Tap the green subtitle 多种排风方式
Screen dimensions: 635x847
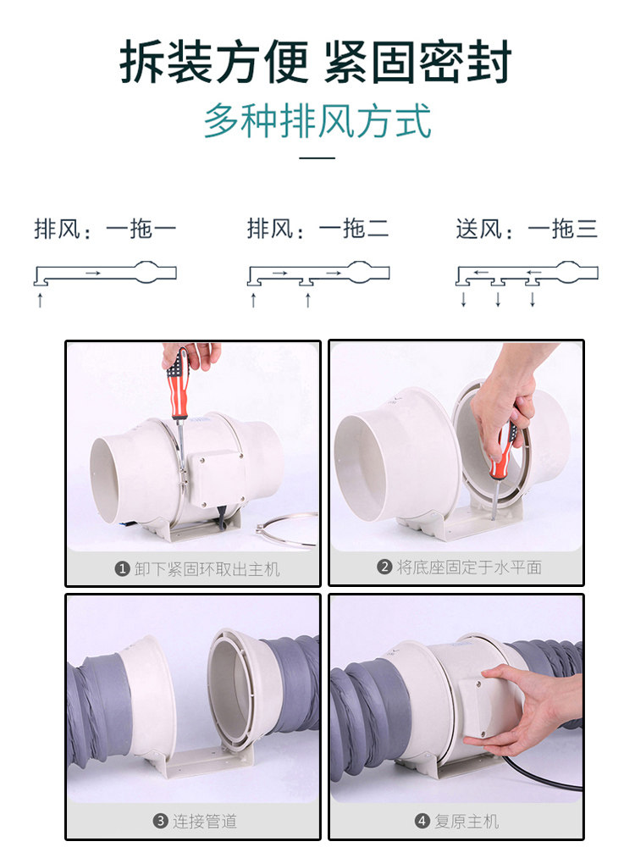317,121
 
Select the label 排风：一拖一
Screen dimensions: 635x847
105,229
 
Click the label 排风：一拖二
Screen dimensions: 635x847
318,229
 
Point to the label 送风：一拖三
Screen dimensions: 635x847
527,229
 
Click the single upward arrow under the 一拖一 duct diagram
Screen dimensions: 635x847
40,300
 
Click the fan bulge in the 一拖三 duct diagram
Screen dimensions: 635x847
568,272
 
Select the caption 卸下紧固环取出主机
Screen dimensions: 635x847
207,569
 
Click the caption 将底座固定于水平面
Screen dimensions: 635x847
469,567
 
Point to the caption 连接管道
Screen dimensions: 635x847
205,822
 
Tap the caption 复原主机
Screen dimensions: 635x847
467,822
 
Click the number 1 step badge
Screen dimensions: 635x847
123,569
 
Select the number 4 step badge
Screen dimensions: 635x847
422,822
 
